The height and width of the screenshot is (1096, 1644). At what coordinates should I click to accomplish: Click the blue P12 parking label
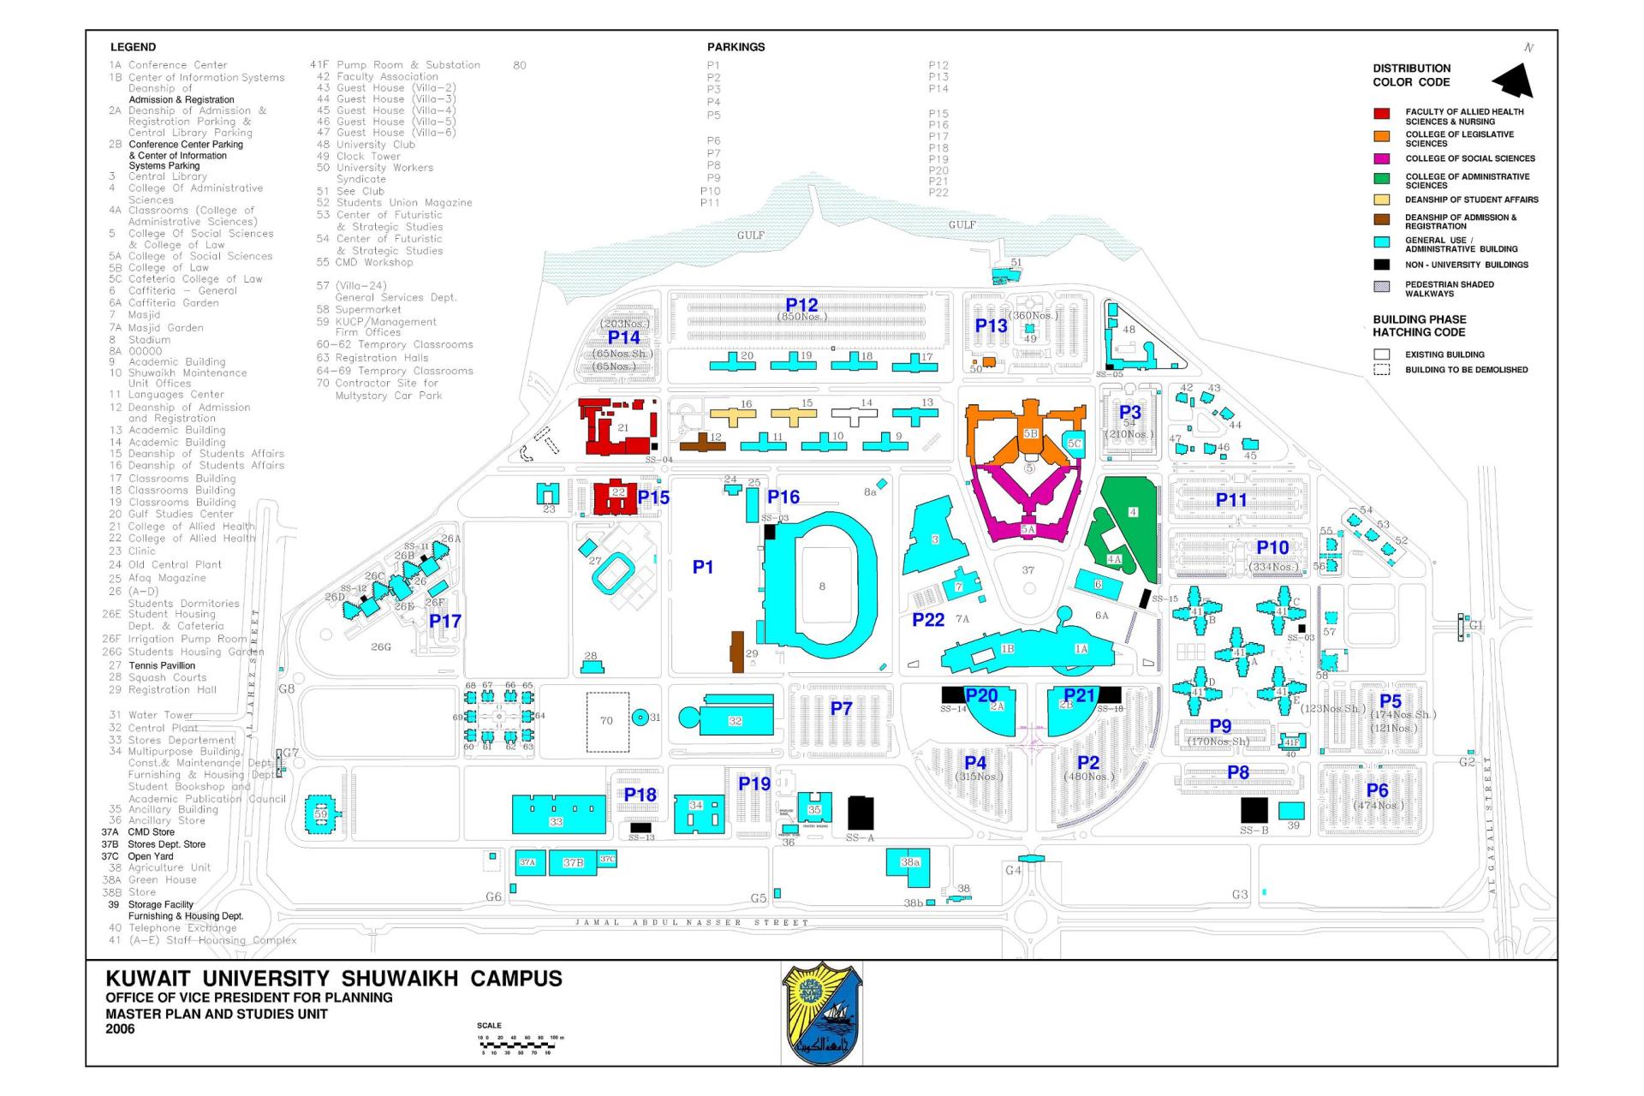(801, 305)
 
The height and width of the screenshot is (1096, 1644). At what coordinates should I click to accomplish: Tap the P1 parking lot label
(702, 567)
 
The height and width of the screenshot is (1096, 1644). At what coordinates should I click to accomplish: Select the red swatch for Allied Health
(1381, 113)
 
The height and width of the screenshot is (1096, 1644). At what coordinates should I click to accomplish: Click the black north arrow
(1514, 81)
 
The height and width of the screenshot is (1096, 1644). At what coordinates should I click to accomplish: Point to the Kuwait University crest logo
(822, 1013)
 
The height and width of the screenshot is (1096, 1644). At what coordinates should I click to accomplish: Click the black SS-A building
(861, 813)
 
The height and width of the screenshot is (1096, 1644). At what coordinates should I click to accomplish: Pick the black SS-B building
(1254, 809)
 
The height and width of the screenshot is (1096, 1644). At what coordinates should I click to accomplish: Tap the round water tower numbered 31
(640, 718)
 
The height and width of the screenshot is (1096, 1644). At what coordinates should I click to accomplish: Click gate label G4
(1013, 871)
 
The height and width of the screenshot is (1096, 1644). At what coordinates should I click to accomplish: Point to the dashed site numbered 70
(607, 721)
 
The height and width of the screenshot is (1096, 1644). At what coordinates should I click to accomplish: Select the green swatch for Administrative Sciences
(1381, 178)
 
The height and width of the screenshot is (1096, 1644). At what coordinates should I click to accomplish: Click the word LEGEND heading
(133, 47)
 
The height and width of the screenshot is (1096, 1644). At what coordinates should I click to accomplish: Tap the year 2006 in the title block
(120, 1029)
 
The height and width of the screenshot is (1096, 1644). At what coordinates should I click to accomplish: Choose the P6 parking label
(1377, 790)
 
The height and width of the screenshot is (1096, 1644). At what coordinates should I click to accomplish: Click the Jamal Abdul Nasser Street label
(691, 923)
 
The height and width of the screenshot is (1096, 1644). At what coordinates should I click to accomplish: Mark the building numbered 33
(557, 813)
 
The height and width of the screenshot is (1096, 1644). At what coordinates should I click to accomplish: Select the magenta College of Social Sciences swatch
(1381, 158)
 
